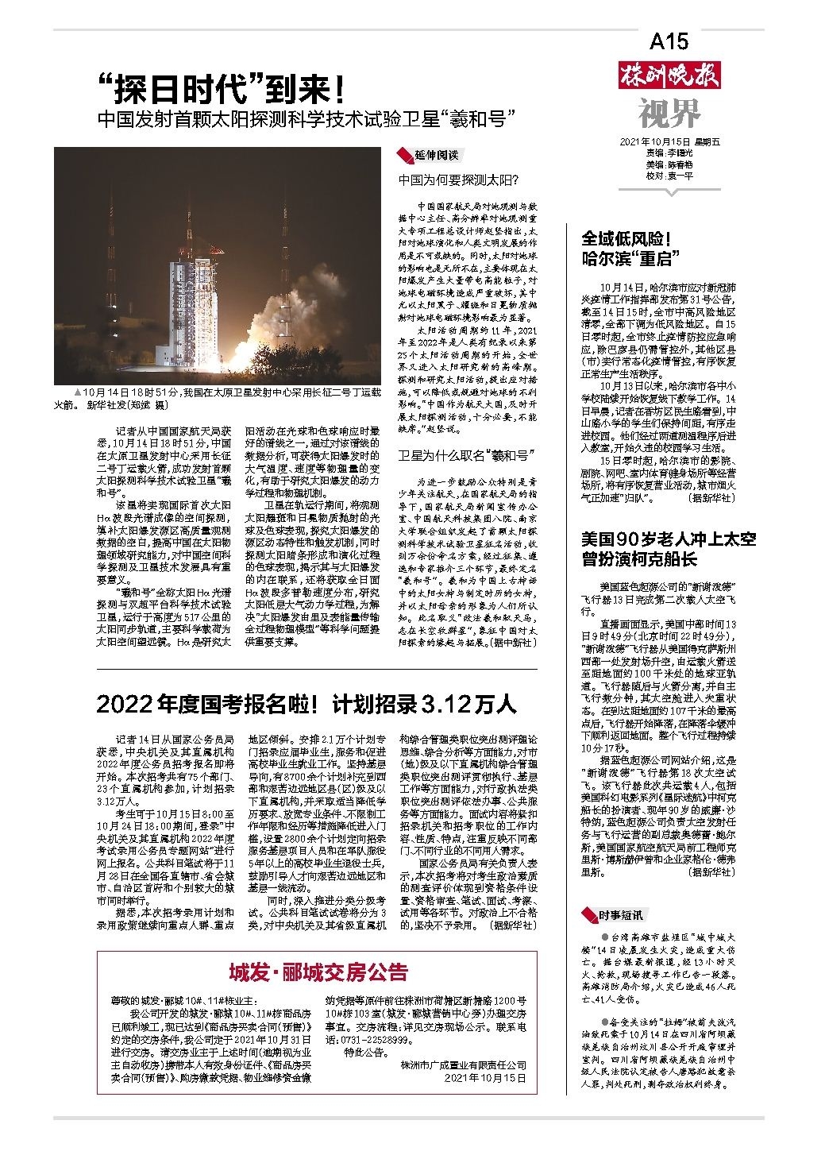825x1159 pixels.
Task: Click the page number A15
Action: tap(669, 41)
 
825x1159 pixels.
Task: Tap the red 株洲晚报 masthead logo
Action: tap(669, 76)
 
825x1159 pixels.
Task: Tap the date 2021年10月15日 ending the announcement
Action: tap(485, 1078)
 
